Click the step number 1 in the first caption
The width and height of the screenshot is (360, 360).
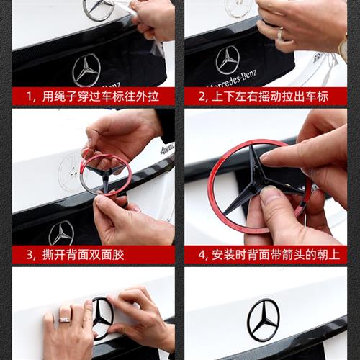(x=30, y=96)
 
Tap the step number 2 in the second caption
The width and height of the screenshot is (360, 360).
(x=202, y=96)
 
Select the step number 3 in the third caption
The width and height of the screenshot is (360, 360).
(x=30, y=255)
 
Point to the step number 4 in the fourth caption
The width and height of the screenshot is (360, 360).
(x=202, y=255)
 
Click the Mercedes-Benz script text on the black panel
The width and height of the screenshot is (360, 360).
(x=233, y=78)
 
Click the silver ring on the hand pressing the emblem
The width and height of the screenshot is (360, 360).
(x=65, y=320)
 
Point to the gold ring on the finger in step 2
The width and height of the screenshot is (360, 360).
(x=280, y=34)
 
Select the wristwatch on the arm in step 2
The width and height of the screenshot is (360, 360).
(x=343, y=47)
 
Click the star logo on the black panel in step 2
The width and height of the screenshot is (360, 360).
(x=227, y=60)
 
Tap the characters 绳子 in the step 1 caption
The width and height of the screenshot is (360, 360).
(x=66, y=96)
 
